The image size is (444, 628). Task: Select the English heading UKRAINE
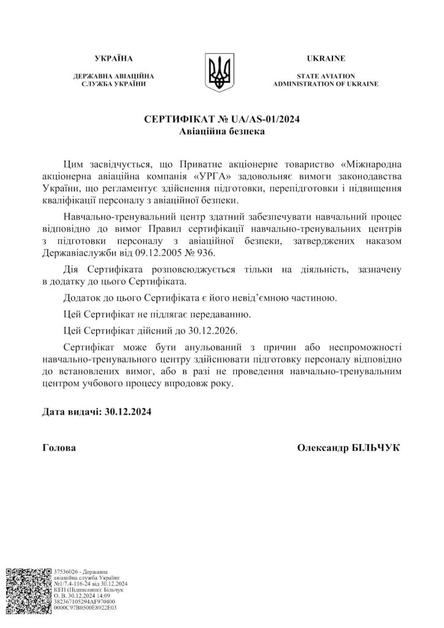click(x=326, y=59)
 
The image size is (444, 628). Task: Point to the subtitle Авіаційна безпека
click(x=221, y=131)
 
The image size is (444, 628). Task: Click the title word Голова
click(x=59, y=448)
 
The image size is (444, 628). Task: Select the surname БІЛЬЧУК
click(x=375, y=448)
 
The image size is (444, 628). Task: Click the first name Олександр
click(x=321, y=448)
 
